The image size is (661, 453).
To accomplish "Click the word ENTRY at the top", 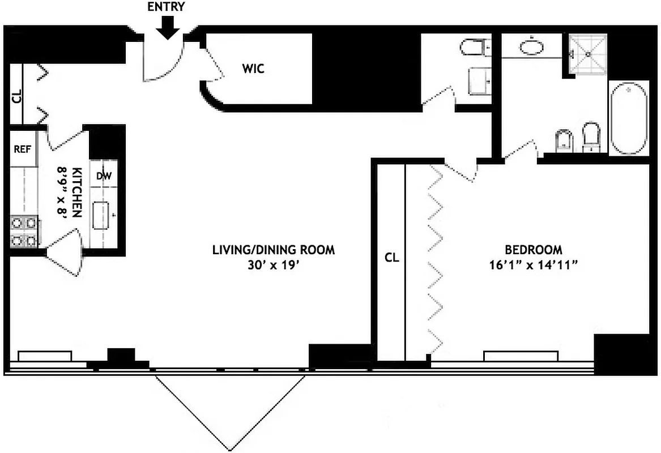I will tap(165, 7).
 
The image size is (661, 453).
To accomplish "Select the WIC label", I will tap(253, 69).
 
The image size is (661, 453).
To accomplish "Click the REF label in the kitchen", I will tap(22, 149).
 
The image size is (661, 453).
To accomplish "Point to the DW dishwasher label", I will tap(104, 176).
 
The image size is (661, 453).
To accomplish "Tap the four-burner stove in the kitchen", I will tap(24, 232).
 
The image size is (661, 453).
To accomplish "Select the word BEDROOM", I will tap(533, 249).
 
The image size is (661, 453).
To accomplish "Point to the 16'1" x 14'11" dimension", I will tap(533, 264).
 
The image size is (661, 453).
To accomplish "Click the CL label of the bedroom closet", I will tap(391, 258).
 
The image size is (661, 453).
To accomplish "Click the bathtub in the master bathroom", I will tap(629, 118).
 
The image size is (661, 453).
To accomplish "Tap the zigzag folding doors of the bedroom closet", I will tap(436, 260).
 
